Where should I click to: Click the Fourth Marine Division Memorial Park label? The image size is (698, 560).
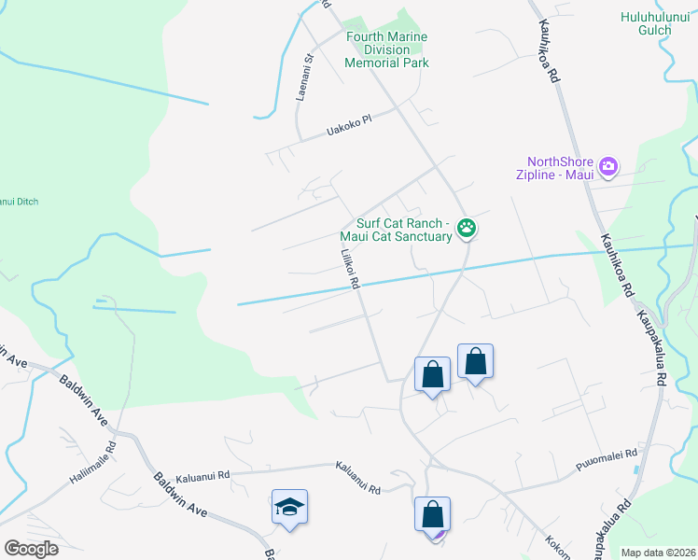point(386,50)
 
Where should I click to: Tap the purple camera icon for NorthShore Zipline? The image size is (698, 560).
point(608,166)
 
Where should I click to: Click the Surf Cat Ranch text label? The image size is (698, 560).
point(403,224)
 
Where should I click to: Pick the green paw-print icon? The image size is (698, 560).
point(467,228)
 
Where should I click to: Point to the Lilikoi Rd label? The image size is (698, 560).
point(349,268)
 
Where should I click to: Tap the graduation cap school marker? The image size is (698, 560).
point(290,508)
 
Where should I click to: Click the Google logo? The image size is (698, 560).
point(31,549)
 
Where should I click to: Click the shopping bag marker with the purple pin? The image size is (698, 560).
point(432,514)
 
